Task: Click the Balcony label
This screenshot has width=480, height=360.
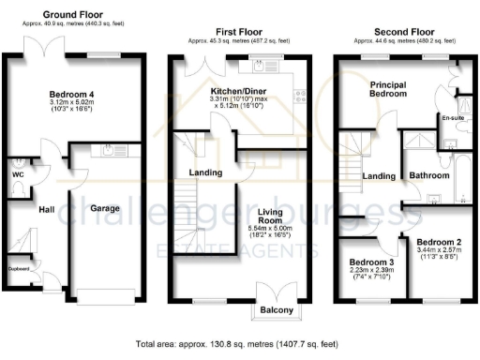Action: pos(277,310)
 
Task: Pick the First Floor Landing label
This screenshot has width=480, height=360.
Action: pos(205,172)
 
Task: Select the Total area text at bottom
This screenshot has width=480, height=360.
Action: pos(240,344)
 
